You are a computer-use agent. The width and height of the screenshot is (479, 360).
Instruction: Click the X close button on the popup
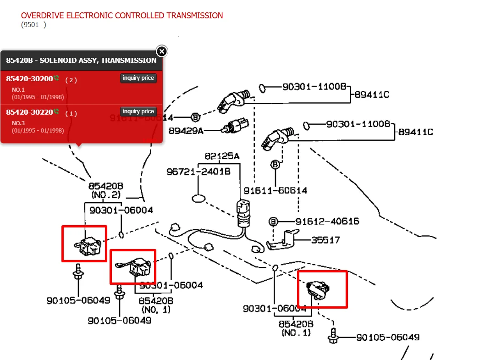point(162,51)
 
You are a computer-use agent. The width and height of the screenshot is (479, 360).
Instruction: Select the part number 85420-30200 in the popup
point(30,79)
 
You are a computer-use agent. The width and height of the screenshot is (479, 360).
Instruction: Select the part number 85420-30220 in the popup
point(30,112)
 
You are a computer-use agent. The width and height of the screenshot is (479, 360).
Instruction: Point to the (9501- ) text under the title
point(33,25)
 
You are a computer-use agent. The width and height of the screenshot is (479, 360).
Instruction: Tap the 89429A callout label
point(186,131)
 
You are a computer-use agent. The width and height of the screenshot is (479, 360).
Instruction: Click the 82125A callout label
point(222,156)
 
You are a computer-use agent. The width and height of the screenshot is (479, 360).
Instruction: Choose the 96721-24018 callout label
point(198,172)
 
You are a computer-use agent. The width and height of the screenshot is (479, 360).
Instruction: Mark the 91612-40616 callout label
point(327,222)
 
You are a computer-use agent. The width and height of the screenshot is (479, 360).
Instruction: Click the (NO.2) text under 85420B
point(105,195)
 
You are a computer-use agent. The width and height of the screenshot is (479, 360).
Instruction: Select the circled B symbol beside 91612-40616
point(274,222)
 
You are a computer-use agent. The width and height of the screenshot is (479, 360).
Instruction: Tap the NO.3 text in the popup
point(18,123)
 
